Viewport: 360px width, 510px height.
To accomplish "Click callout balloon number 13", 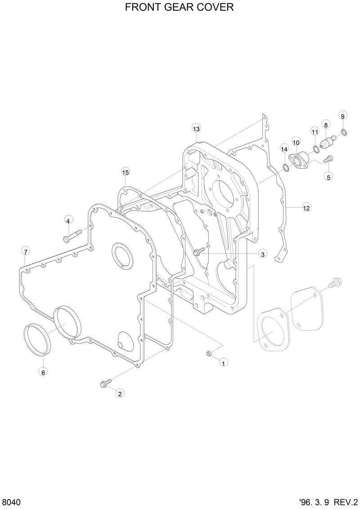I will (196, 129).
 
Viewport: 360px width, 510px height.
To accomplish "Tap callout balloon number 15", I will (125, 172).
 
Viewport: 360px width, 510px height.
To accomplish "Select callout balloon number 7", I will (25, 251).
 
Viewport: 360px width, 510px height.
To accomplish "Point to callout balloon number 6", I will (43, 372).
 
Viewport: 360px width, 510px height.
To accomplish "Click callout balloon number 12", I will (306, 208).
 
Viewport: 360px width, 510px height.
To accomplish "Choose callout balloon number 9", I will (342, 116).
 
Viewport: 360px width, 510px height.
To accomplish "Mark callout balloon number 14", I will (284, 149).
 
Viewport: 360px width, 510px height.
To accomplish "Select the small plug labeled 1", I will (209, 354).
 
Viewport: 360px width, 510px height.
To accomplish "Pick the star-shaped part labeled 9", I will (344, 132).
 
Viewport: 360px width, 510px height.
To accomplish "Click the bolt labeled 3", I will (197, 253).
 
